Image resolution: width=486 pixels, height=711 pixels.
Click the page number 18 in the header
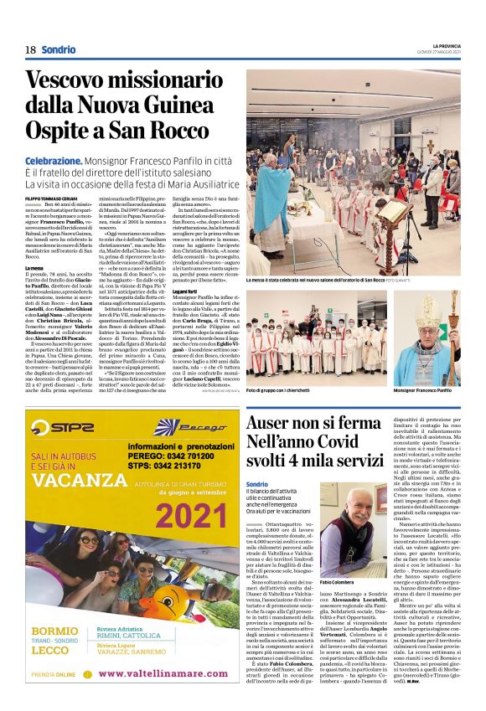(30, 49)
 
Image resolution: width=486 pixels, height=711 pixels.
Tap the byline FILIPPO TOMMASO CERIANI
(54, 198)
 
